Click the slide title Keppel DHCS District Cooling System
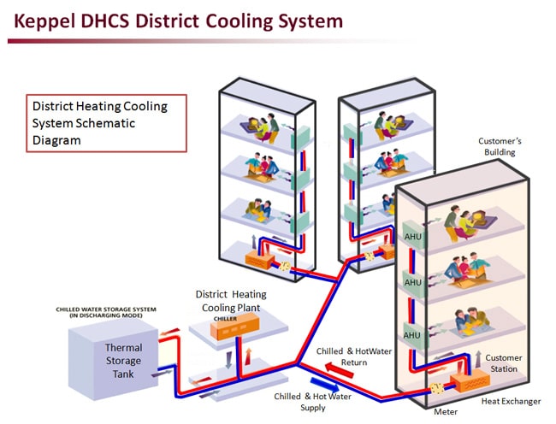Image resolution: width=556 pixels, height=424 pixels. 175,20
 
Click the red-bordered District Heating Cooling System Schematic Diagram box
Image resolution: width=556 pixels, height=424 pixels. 105,123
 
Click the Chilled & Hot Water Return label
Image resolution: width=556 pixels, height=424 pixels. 342,356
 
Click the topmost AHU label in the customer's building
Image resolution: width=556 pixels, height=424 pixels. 413,236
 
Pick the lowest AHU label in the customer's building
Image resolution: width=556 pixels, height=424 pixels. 413,335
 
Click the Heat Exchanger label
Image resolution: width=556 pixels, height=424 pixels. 512,401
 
